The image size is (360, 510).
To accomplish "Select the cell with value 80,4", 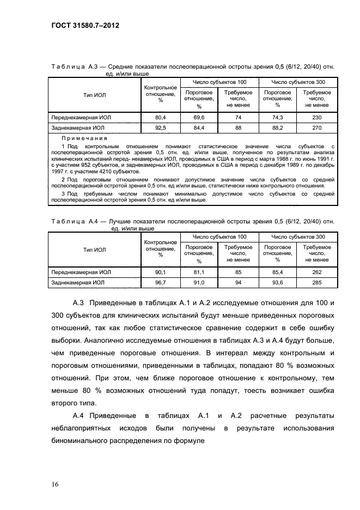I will coord(160,118).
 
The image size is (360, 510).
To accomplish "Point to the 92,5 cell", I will coord(160,128).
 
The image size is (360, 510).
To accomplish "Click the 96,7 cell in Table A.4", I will coord(160,283).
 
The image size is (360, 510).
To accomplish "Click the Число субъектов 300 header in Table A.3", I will coord(297,82).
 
